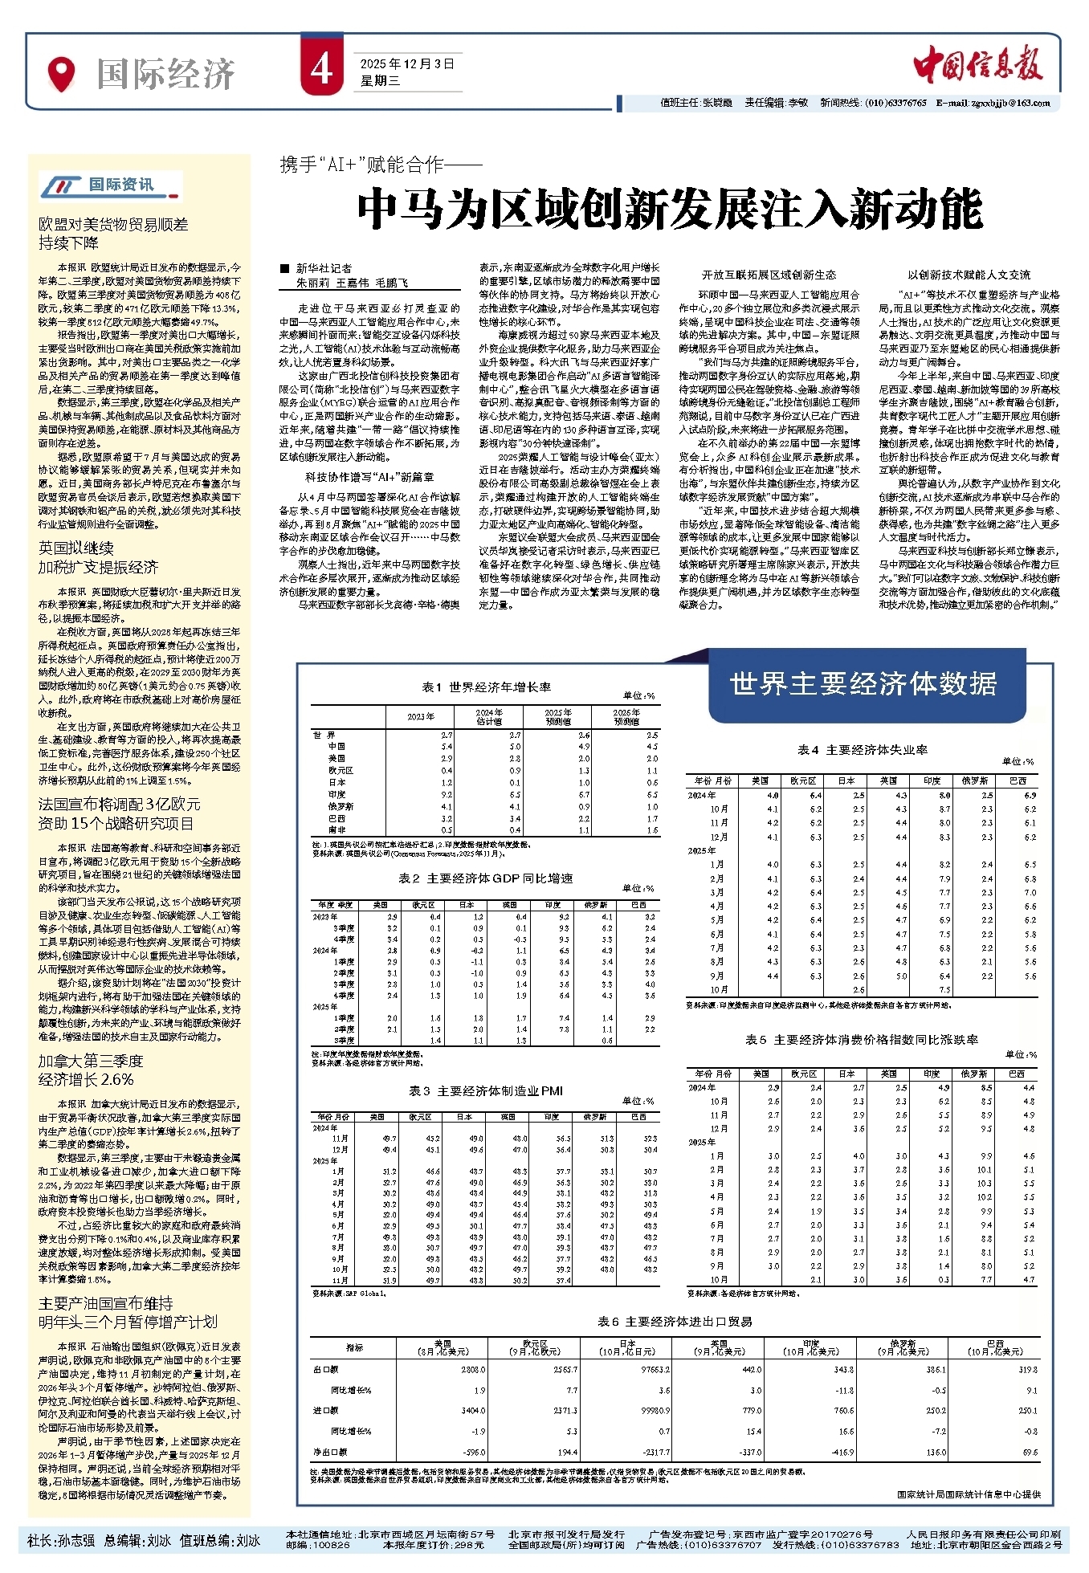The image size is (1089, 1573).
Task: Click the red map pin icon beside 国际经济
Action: [x=61, y=74]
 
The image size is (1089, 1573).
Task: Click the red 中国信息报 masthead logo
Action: [x=977, y=64]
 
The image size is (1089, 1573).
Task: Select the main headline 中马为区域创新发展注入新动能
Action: [x=670, y=210]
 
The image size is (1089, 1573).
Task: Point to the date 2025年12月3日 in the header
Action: [x=407, y=63]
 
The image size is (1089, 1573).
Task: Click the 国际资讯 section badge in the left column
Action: [x=111, y=185]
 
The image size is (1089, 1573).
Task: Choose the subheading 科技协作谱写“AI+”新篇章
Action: [x=369, y=477]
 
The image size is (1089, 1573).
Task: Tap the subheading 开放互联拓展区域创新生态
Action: [x=769, y=275]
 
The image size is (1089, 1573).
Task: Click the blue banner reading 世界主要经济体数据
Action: [x=863, y=683]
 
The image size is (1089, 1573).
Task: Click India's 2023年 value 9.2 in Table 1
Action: [x=447, y=794]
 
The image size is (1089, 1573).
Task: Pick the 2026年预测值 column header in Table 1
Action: [x=626, y=717]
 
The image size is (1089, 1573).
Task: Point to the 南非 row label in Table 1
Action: [x=336, y=830]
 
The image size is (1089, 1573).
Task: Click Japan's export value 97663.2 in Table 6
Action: [x=656, y=1370]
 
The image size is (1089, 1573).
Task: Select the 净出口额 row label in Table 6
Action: [x=330, y=1452]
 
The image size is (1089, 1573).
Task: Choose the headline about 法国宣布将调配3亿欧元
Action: [x=120, y=813]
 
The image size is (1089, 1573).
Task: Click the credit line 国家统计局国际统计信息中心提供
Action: [x=969, y=1494]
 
